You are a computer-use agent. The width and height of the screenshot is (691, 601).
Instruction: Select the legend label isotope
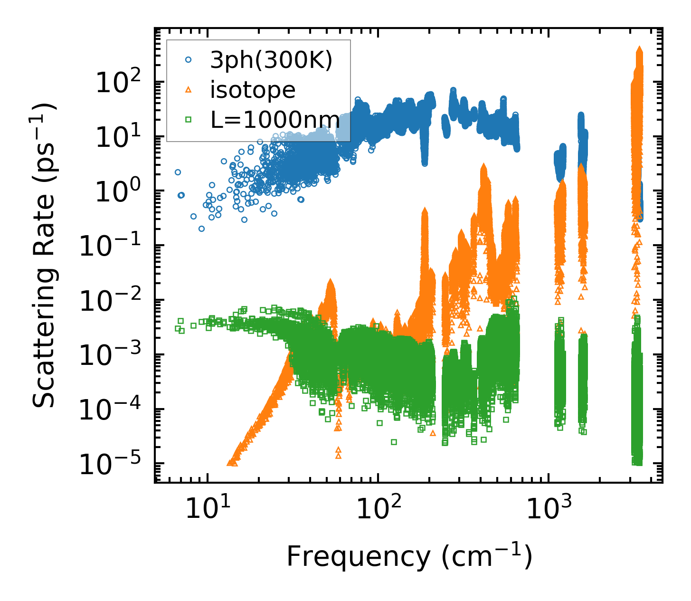point(253,90)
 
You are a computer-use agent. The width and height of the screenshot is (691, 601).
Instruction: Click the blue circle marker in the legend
point(188,60)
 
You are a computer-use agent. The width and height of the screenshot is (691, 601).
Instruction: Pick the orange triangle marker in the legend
point(188,90)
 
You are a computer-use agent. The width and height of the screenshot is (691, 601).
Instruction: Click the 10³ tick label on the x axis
point(548,510)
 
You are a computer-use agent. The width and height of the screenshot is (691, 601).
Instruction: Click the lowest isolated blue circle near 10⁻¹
point(201,229)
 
